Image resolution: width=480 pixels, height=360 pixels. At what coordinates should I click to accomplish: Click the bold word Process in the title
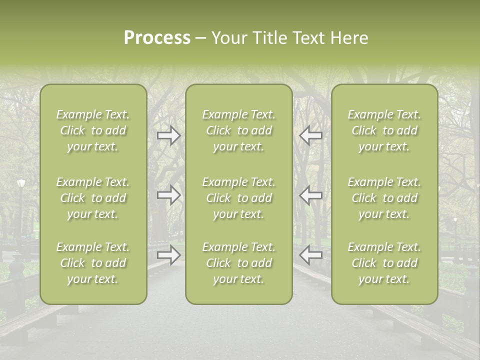[x=157, y=38]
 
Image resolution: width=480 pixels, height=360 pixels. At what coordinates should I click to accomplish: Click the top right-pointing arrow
[x=169, y=135]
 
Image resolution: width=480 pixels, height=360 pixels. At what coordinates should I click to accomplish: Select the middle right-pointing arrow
[x=169, y=195]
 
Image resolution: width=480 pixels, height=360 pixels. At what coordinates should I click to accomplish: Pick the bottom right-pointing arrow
[x=169, y=255]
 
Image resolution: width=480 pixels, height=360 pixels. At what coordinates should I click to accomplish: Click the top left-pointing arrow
[x=311, y=135]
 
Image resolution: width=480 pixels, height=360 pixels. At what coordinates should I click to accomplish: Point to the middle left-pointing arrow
[x=311, y=195]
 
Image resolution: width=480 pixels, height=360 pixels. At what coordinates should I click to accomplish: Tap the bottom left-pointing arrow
[x=311, y=255]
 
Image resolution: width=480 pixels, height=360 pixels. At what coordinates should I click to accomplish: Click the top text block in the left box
[x=93, y=130]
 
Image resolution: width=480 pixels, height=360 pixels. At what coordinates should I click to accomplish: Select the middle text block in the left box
[x=93, y=198]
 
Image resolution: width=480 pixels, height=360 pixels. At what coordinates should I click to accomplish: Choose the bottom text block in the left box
[x=93, y=263]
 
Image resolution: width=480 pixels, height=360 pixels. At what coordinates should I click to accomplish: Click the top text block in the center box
[x=239, y=130]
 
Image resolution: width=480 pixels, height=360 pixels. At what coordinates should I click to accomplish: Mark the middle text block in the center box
[x=239, y=198]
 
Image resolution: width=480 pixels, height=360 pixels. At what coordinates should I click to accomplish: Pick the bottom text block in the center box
[x=239, y=263]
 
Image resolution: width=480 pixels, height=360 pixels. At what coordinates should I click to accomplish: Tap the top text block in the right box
[x=384, y=130]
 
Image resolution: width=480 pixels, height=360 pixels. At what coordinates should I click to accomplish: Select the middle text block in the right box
[x=384, y=198]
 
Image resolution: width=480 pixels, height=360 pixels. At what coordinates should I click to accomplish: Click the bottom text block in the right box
[x=384, y=263]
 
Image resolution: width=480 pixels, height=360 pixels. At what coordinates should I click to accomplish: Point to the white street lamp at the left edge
[x=20, y=183]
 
